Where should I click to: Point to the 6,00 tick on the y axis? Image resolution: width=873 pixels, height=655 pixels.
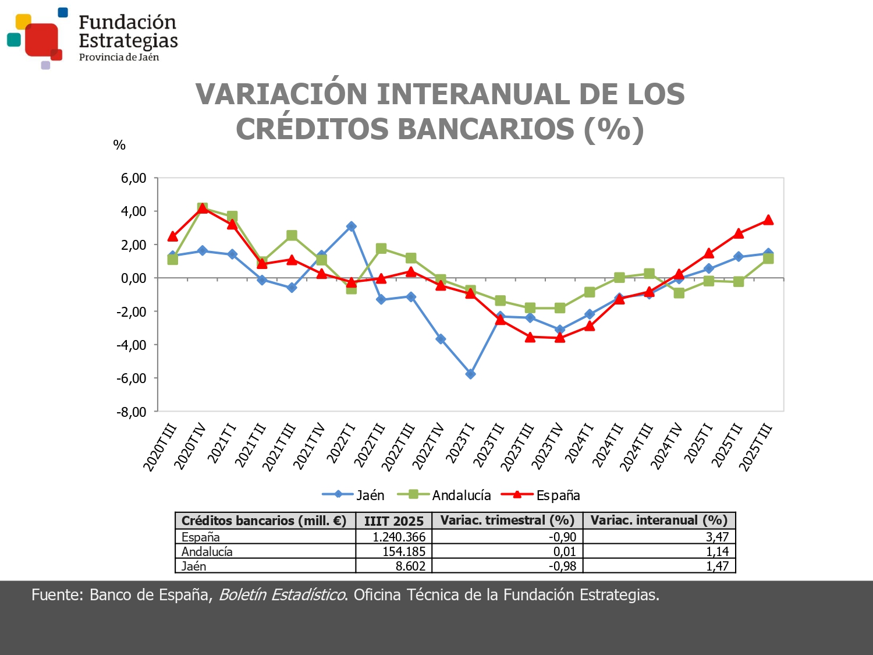(133, 178)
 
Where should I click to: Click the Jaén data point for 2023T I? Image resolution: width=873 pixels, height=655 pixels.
(470, 374)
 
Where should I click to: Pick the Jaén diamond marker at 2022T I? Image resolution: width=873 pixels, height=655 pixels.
(351, 226)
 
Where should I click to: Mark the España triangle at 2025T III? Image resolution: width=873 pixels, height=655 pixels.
(768, 220)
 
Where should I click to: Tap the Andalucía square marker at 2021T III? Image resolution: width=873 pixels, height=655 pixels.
(292, 236)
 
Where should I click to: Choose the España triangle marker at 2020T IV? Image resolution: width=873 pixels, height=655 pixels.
(203, 208)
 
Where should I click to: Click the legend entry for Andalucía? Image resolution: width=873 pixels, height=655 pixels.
(445, 495)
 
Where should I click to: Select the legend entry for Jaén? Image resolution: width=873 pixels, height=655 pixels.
(353, 495)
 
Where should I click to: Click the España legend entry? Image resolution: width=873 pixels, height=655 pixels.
(541, 495)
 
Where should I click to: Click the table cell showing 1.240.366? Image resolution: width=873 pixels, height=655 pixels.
(399, 537)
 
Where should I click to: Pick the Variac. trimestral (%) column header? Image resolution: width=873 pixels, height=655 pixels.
(507, 521)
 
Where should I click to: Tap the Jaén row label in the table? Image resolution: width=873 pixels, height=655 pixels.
(194, 566)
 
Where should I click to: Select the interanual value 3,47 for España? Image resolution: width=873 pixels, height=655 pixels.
(717, 537)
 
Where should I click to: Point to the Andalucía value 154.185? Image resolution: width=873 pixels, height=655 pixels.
(403, 551)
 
